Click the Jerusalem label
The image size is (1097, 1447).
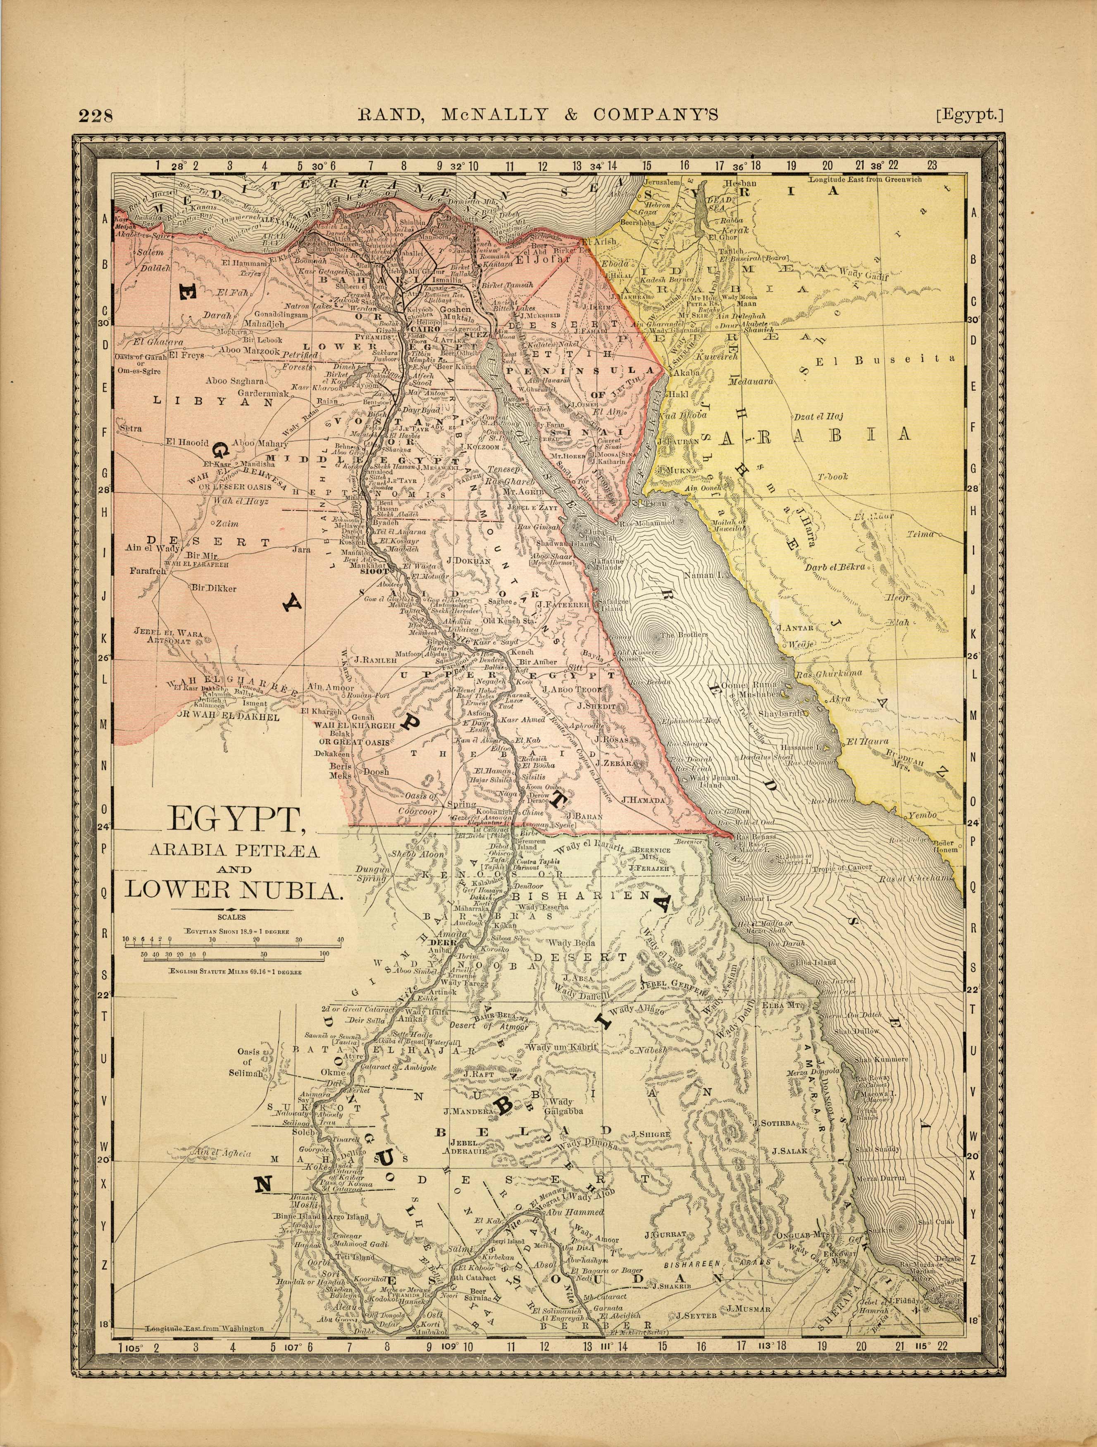click(662, 182)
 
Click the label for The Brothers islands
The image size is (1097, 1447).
click(684, 635)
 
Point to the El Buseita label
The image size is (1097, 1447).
click(885, 359)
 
